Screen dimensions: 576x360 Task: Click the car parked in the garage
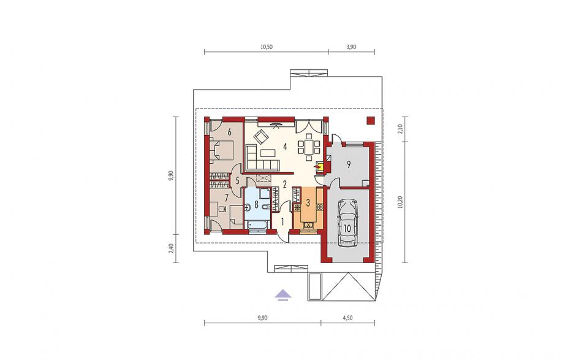pos(347,223)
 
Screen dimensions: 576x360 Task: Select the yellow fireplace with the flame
pos(320,167)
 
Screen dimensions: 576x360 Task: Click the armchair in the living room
pos(260,137)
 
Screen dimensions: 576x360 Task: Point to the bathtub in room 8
pos(259,224)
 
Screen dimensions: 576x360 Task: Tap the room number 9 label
pos(349,164)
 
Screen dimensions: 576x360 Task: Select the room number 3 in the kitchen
pos(308,202)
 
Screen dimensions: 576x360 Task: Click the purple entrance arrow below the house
pos(283,294)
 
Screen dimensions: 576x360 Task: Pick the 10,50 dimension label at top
pos(267,47)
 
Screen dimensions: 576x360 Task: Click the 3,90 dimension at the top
pos(351,47)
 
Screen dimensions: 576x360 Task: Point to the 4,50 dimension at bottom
pos(347,318)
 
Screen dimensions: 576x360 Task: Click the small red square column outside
pos(371,121)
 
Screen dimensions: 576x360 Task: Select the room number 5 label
pos(237,180)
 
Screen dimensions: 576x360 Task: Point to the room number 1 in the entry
pos(282,221)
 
